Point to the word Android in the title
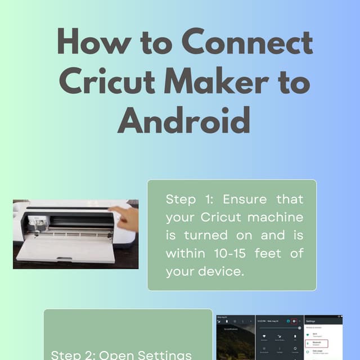pyautogui.click(x=183, y=119)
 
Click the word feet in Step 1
pyautogui.click(x=268, y=254)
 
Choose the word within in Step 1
pyautogui.click(x=183, y=254)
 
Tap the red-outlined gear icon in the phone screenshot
pyautogui.click(x=293, y=321)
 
